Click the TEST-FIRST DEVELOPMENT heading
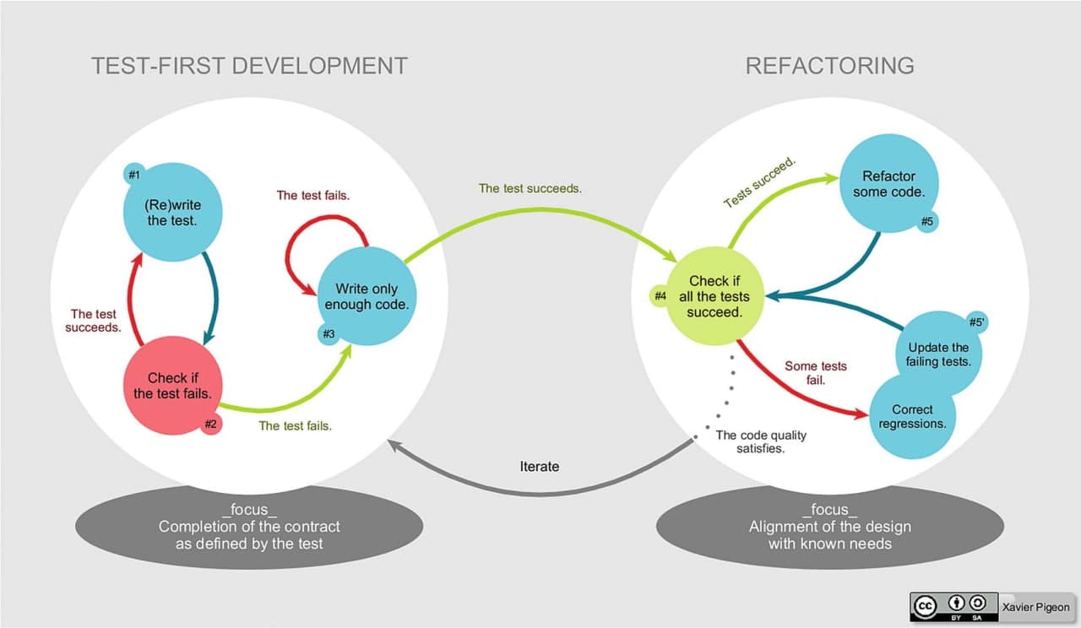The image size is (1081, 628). pyautogui.click(x=249, y=66)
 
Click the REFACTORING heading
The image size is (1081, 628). pyautogui.click(x=829, y=66)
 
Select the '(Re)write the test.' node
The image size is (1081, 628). pyautogui.click(x=173, y=213)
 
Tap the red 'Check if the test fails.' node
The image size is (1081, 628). pyautogui.click(x=172, y=386)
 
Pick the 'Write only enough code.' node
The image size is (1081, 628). pyautogui.click(x=366, y=296)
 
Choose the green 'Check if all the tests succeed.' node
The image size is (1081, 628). pyautogui.click(x=714, y=296)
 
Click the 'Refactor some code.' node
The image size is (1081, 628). pyautogui.click(x=888, y=184)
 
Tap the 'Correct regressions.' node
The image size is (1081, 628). pyautogui.click(x=912, y=416)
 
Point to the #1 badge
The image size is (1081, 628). pyautogui.click(x=134, y=174)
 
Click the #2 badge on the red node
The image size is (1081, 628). pyautogui.click(x=211, y=425)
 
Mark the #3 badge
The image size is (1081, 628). pyautogui.click(x=329, y=334)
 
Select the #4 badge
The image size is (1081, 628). pyautogui.click(x=660, y=296)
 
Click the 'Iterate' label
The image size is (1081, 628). pyautogui.click(x=539, y=466)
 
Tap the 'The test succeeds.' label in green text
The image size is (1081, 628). pyautogui.click(x=530, y=188)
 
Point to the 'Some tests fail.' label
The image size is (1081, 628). pyautogui.click(x=815, y=373)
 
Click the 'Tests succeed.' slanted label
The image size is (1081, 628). pyautogui.click(x=760, y=181)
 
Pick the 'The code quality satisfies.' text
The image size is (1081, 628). pyautogui.click(x=761, y=441)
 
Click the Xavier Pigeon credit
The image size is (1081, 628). pyautogui.click(x=1035, y=607)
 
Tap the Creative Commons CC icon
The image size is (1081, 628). pyautogui.click(x=926, y=604)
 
